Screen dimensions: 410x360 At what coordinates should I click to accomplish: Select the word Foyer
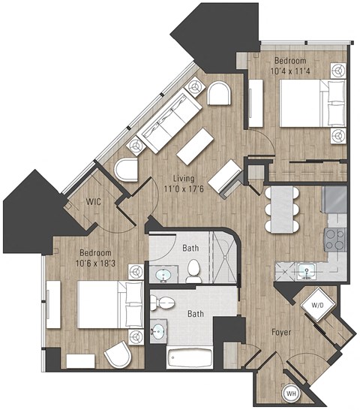[281, 331]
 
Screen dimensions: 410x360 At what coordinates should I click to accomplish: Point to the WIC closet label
[94, 202]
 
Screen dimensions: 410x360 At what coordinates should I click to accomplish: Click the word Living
[184, 178]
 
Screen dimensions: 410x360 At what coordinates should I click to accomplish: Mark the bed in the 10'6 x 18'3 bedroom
[109, 304]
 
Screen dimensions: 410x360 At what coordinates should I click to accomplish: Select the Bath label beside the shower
[190, 247]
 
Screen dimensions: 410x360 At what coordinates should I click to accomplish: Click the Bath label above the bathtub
[195, 315]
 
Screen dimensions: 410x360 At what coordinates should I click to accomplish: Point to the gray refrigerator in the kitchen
[334, 199]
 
